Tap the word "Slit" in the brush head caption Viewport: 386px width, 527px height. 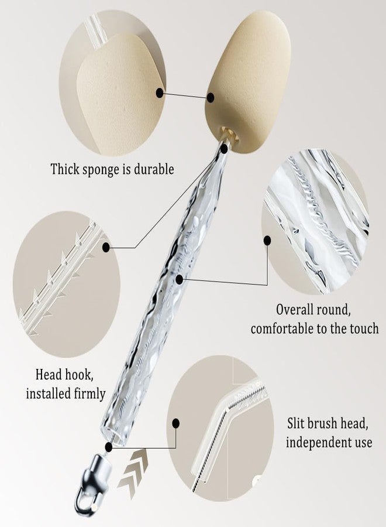295,423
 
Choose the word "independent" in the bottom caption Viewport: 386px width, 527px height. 315,442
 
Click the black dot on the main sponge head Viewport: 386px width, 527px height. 211,98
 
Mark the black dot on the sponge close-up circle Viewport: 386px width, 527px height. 160,93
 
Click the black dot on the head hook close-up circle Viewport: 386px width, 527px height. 106,248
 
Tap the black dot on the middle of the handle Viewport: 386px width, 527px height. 179,279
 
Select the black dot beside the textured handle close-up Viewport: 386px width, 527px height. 267,240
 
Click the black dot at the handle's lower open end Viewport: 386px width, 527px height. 108,447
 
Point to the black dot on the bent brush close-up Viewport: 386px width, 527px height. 175,423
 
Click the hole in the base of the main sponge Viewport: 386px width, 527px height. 229,133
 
